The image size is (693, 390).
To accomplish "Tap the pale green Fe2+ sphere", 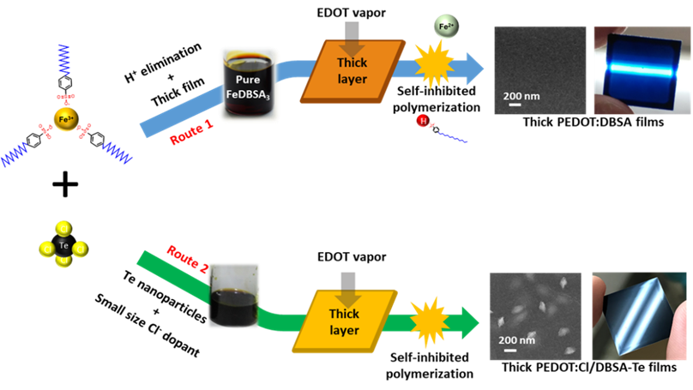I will pyautogui.click(x=445, y=27).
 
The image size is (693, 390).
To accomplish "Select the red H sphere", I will pyautogui.click(x=422, y=121).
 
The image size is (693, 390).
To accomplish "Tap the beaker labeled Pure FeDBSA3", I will pyautogui.click(x=249, y=84).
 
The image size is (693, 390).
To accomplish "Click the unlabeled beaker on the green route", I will pyautogui.click(x=233, y=296).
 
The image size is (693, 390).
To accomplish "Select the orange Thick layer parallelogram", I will pyautogui.click(x=352, y=72).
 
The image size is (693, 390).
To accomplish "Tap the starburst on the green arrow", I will pyautogui.click(x=429, y=320).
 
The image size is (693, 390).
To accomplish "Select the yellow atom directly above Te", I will pyautogui.click(x=63, y=228).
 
